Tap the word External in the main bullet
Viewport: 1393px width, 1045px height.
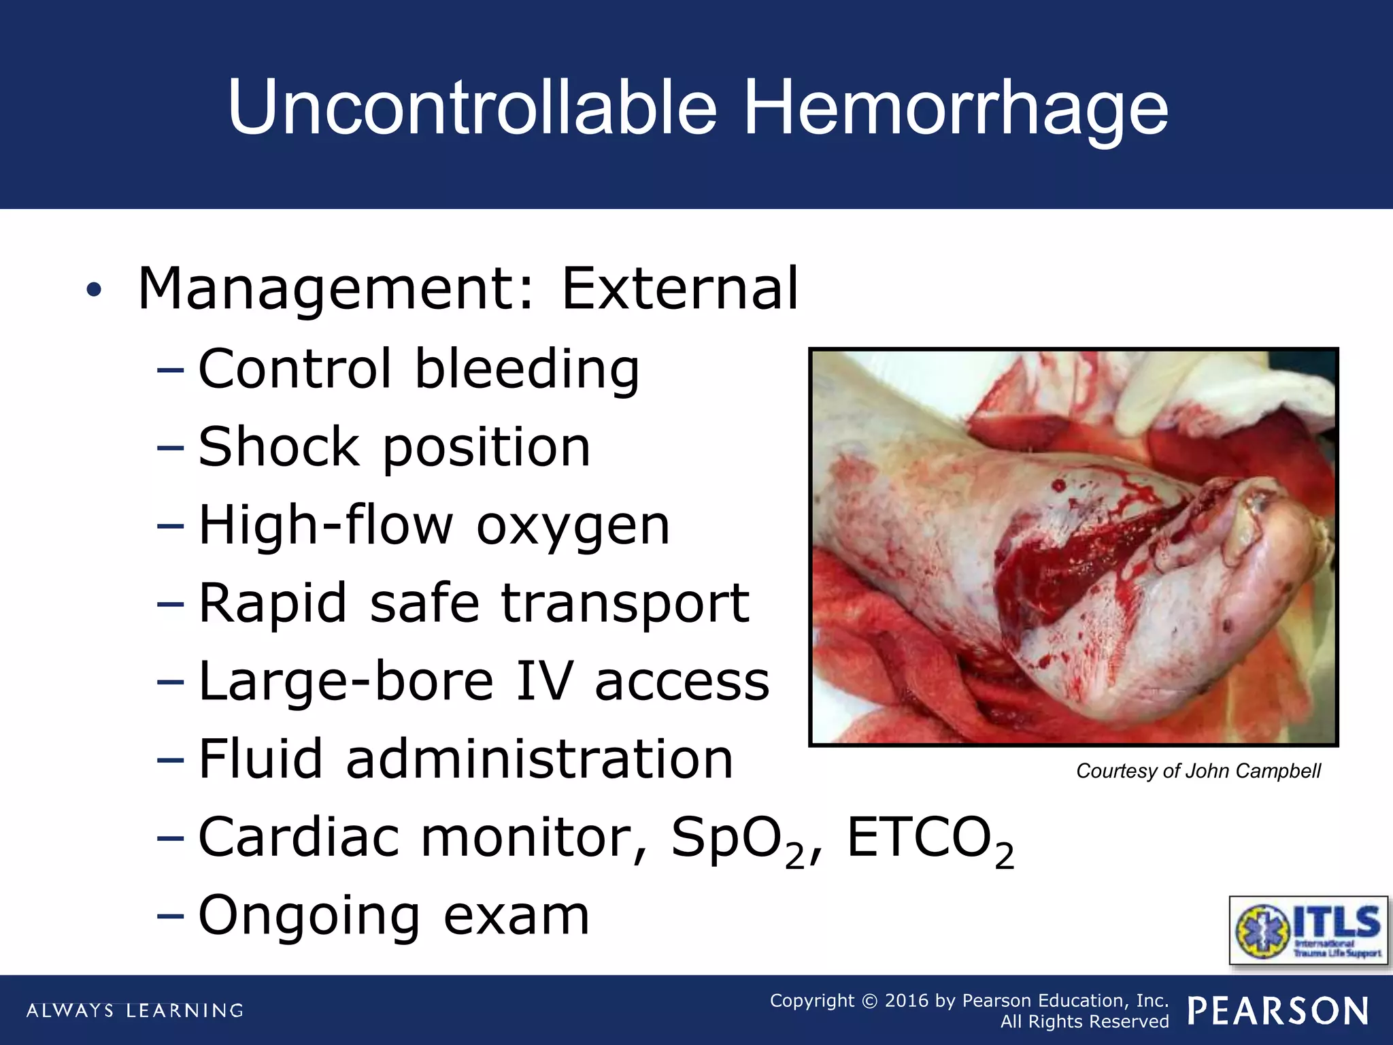pos(680,289)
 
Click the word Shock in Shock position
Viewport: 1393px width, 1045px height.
pos(279,447)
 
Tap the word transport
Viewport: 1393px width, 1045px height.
pos(625,605)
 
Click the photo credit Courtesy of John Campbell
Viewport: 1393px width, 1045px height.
pos(1198,771)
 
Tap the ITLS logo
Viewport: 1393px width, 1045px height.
pos(1308,930)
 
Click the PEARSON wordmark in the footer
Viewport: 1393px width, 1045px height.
pos(1278,1011)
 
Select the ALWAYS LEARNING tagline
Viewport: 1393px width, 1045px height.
pos(135,1010)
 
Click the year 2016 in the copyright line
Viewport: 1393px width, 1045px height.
pos(907,1001)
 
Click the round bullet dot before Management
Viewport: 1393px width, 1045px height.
pos(94,291)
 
